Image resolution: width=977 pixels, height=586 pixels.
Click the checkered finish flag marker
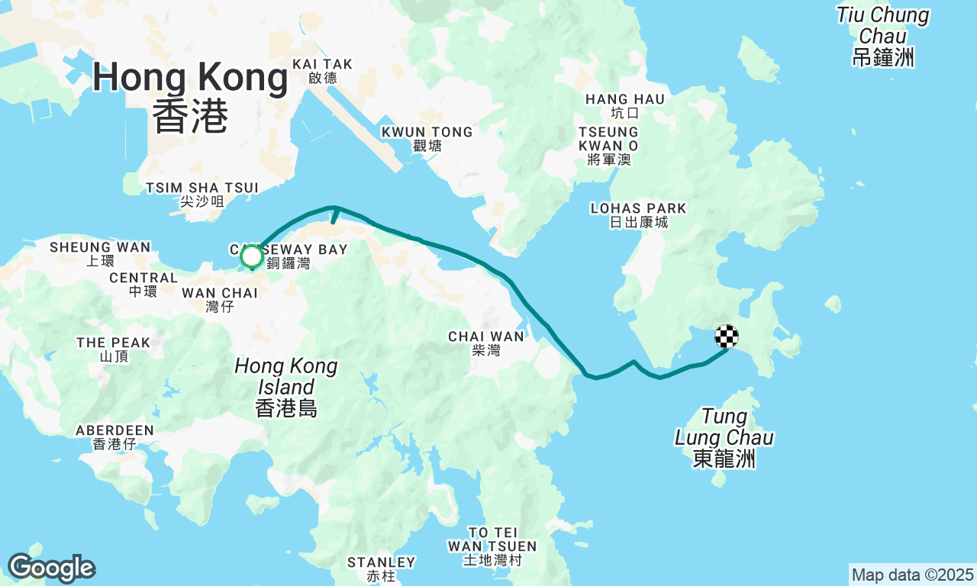pyautogui.click(x=727, y=336)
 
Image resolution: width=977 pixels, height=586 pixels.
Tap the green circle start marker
pyautogui.click(x=252, y=257)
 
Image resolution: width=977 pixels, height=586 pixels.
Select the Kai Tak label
pyautogui.click(x=322, y=70)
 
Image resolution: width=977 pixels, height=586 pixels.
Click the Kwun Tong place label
pyautogui.click(x=427, y=139)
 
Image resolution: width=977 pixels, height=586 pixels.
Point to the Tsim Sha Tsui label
pyautogui.click(x=202, y=195)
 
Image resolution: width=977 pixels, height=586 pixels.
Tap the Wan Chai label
pyautogui.click(x=220, y=299)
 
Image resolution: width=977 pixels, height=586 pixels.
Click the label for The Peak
pyautogui.click(x=113, y=349)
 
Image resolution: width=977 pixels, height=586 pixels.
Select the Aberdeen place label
pyautogui.click(x=114, y=437)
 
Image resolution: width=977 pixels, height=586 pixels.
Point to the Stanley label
pyautogui.click(x=381, y=568)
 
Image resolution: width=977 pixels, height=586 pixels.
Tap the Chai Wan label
pyautogui.click(x=486, y=343)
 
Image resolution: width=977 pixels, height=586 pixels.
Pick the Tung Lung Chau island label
pyautogui.click(x=724, y=438)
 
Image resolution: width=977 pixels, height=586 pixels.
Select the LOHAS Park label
pyautogui.click(x=638, y=214)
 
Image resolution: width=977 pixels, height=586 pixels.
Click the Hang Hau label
pyautogui.click(x=625, y=105)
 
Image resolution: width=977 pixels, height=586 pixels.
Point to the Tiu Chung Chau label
pyautogui.click(x=883, y=36)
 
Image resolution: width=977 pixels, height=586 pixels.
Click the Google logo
pyautogui.click(x=51, y=568)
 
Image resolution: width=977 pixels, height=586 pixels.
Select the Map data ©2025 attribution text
pyautogui.click(x=912, y=575)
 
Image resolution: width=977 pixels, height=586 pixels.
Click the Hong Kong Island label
pyautogui.click(x=285, y=387)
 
